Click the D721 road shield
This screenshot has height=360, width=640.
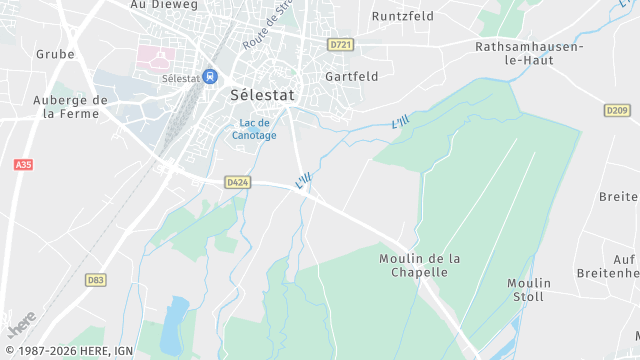point(341,45)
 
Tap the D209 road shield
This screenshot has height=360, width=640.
point(617,110)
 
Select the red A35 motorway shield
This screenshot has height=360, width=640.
point(23,164)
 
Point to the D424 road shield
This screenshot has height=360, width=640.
point(237,182)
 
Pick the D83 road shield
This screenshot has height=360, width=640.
point(95,280)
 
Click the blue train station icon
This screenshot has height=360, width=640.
point(210,76)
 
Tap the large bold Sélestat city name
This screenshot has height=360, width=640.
point(262,97)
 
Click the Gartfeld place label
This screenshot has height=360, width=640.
point(351,76)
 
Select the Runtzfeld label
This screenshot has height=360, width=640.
point(402,17)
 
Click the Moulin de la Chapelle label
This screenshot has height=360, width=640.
point(420,265)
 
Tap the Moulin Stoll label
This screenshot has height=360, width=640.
point(529,290)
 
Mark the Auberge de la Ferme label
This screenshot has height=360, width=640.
point(70,107)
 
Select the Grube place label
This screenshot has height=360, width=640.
point(55,54)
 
